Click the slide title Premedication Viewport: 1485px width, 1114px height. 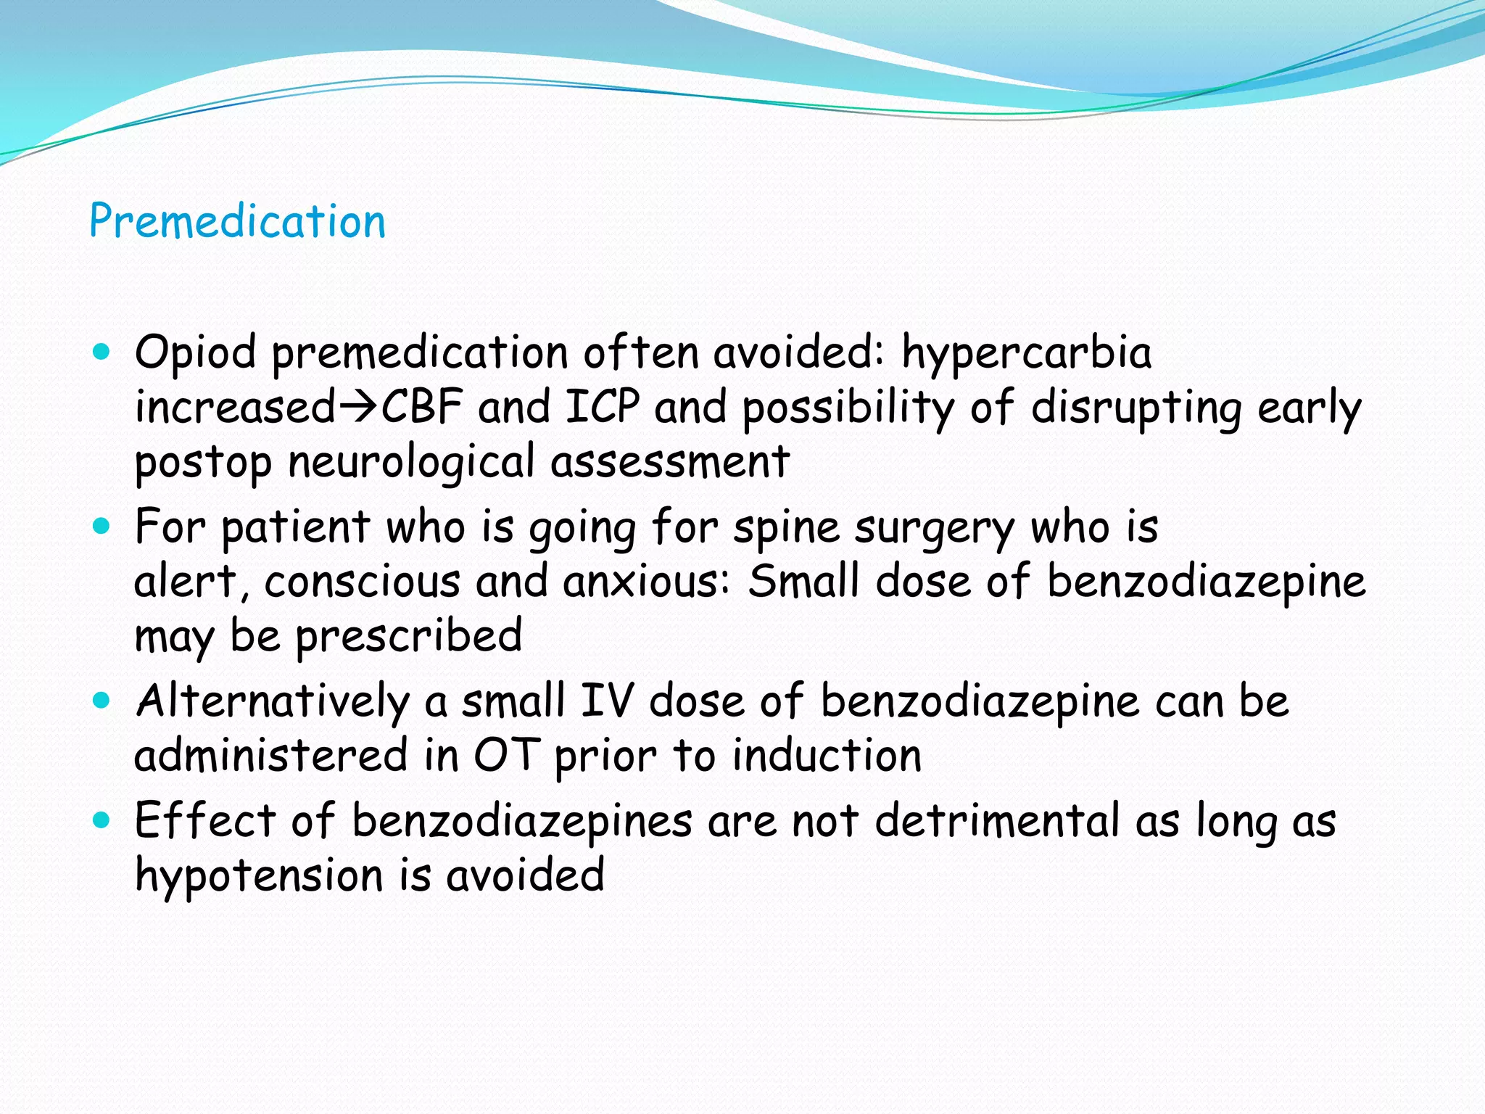point(237,221)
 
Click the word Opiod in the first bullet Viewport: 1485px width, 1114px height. point(195,353)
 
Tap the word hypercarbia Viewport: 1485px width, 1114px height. point(1026,353)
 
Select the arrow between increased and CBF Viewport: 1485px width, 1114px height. point(358,407)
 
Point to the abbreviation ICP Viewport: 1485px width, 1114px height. point(603,407)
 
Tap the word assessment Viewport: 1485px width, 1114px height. point(669,462)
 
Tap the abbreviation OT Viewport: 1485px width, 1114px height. point(505,756)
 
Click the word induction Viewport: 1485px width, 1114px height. point(827,756)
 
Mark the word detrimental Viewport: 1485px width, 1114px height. point(997,821)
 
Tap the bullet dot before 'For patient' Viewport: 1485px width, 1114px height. point(102,526)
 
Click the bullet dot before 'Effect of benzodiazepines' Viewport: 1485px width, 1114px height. point(102,820)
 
